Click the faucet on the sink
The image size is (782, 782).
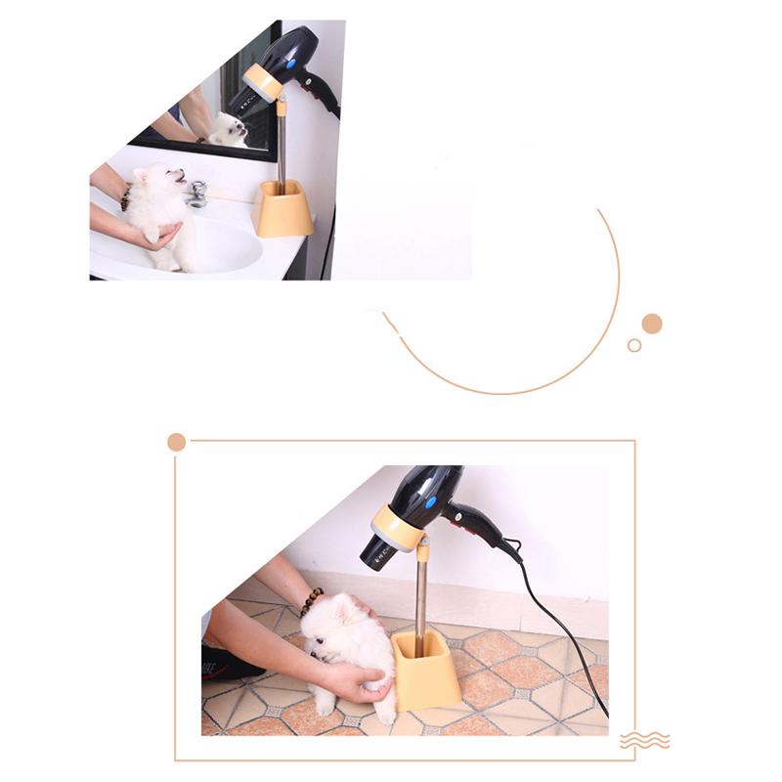[x=198, y=193]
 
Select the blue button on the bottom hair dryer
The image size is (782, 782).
[x=431, y=501]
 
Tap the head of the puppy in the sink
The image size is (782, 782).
[x=157, y=183]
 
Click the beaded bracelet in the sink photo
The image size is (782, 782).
[x=125, y=199]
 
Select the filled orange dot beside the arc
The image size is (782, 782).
[x=652, y=324]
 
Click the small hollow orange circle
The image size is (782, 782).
[x=634, y=345]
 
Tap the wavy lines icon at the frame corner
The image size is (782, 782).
[x=645, y=740]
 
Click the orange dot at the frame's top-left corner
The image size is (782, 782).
[x=176, y=442]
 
